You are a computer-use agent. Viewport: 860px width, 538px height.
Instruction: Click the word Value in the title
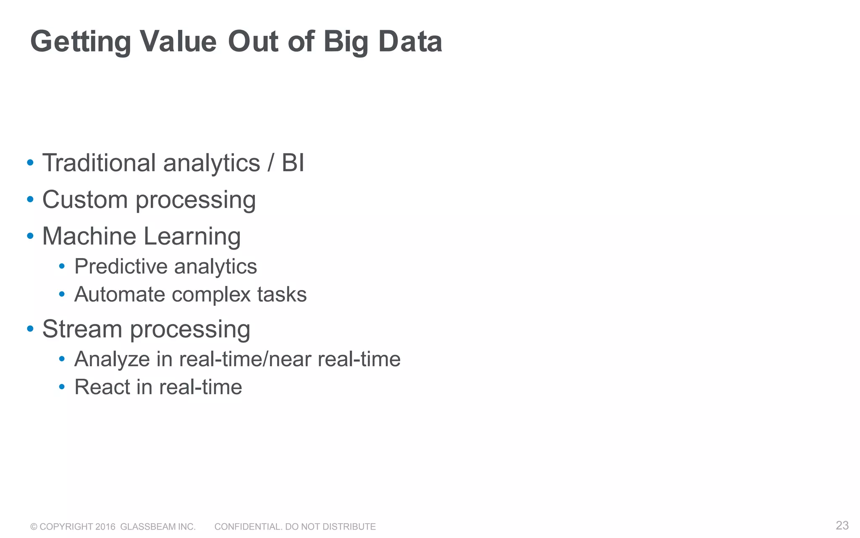click(178, 42)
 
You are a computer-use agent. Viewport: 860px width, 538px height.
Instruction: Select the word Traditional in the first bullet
click(99, 163)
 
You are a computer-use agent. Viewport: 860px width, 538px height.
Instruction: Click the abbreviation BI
click(293, 163)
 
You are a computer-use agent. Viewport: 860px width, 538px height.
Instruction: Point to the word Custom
click(85, 199)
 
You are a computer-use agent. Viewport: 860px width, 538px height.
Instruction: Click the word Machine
click(89, 236)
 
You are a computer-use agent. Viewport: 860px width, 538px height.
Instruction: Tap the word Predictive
click(121, 266)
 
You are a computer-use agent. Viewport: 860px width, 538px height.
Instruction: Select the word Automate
click(120, 294)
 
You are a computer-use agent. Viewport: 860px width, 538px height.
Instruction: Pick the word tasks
click(282, 294)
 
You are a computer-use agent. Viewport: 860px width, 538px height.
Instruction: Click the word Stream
click(82, 329)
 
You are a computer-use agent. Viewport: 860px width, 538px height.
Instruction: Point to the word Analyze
click(112, 359)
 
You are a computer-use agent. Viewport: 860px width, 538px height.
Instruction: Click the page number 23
click(842, 525)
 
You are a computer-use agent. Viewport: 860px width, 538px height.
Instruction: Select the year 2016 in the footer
click(105, 527)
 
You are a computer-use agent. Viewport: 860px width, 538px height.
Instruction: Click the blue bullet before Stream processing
click(30, 328)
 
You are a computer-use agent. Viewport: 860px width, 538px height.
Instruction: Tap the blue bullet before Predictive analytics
click(62, 266)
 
